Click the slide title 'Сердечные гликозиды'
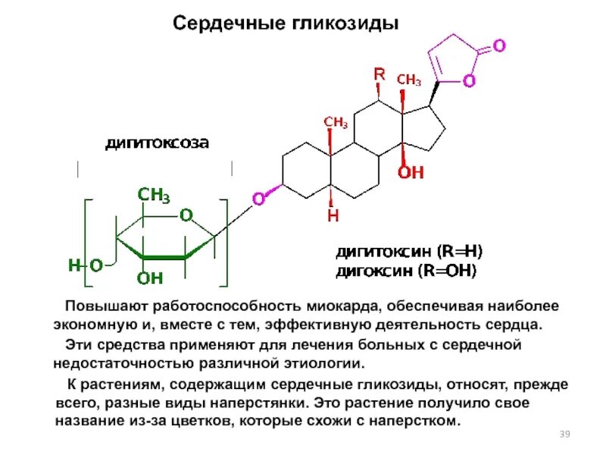(x=286, y=23)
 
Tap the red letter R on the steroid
(x=380, y=74)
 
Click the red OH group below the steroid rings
(x=411, y=172)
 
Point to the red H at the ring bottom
(x=333, y=216)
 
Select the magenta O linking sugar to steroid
(x=258, y=199)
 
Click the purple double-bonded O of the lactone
(x=498, y=45)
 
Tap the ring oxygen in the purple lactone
(x=469, y=80)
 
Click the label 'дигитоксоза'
(x=157, y=143)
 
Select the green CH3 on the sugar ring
(x=153, y=196)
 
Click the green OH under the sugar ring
(x=150, y=278)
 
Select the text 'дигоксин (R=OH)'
(x=407, y=270)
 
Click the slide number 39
(x=564, y=434)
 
